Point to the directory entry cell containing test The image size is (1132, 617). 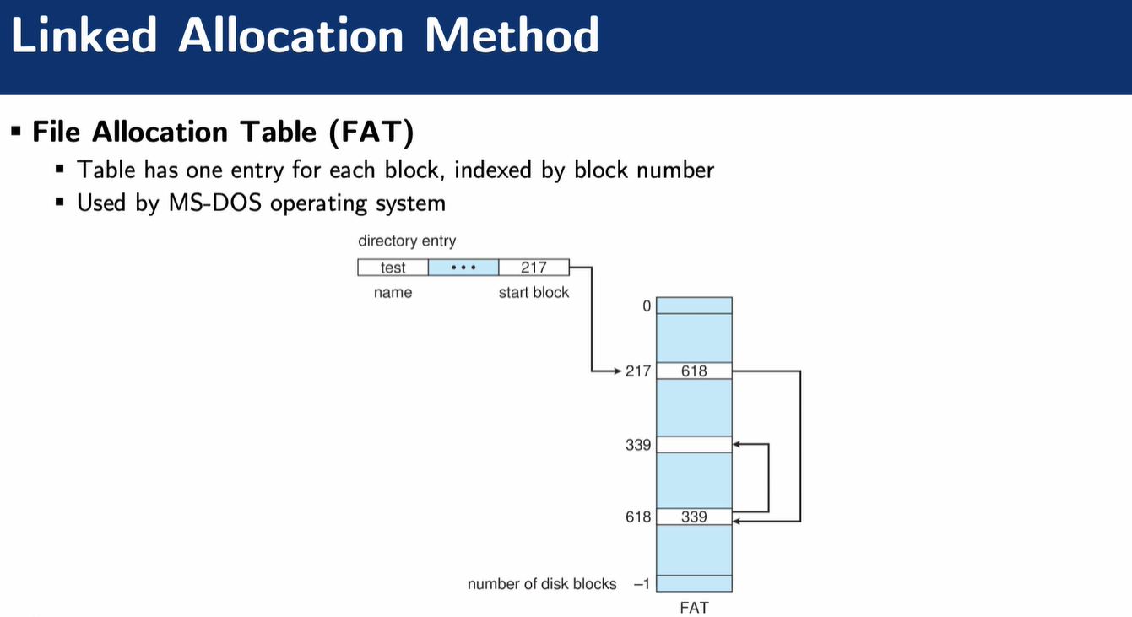pyautogui.click(x=393, y=268)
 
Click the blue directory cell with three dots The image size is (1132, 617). pyautogui.click(x=463, y=268)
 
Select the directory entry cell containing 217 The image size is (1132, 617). pyautogui.click(x=534, y=268)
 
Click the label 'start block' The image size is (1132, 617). pyautogui.click(x=534, y=293)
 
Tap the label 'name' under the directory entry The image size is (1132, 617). pyautogui.click(x=393, y=293)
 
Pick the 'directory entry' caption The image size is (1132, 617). pyautogui.click(x=407, y=241)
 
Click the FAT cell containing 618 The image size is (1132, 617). pyautogui.click(x=694, y=371)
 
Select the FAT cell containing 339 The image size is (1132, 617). pyautogui.click(x=694, y=517)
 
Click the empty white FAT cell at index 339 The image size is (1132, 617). pyautogui.click(x=694, y=444)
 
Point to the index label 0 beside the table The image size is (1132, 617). pyautogui.click(x=647, y=306)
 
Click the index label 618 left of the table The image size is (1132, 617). pyautogui.click(x=638, y=517)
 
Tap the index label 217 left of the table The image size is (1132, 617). pyautogui.click(x=638, y=371)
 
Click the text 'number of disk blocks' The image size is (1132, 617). pyautogui.click(x=542, y=584)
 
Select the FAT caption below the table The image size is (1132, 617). pyautogui.click(x=694, y=607)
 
